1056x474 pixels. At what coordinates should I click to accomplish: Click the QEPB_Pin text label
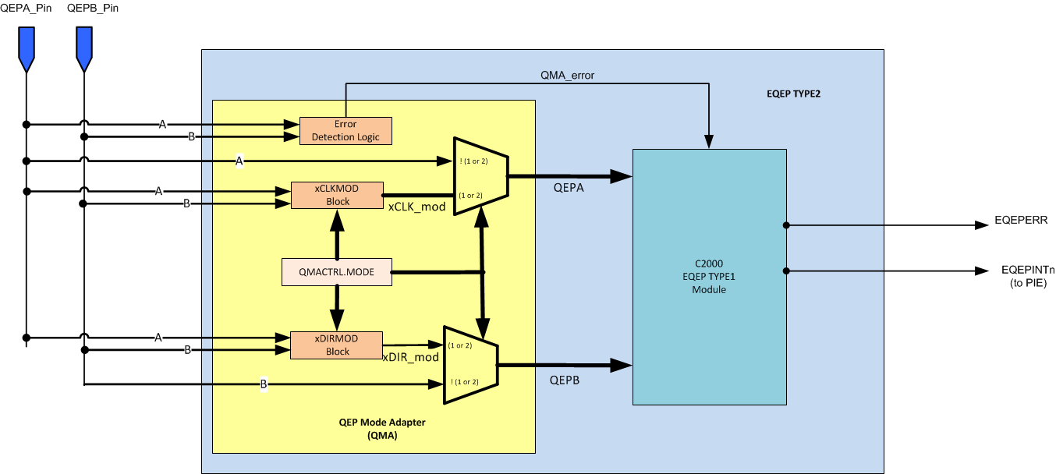click(x=83, y=8)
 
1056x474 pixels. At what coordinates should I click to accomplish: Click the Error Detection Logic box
click(x=346, y=131)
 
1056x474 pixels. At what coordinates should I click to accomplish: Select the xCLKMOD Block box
click(x=337, y=195)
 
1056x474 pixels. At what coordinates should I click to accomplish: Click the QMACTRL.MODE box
click(x=337, y=272)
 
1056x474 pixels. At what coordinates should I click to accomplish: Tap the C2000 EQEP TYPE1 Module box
click(x=709, y=277)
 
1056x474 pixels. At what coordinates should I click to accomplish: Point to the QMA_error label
click(x=569, y=76)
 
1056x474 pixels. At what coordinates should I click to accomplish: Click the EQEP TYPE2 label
click(x=793, y=94)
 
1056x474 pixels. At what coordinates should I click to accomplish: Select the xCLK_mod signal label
click(x=416, y=207)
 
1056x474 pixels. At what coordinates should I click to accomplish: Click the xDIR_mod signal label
click(x=410, y=356)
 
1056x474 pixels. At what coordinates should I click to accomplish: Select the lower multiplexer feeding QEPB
click(x=470, y=364)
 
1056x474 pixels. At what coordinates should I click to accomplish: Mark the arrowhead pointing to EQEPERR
click(x=982, y=225)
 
